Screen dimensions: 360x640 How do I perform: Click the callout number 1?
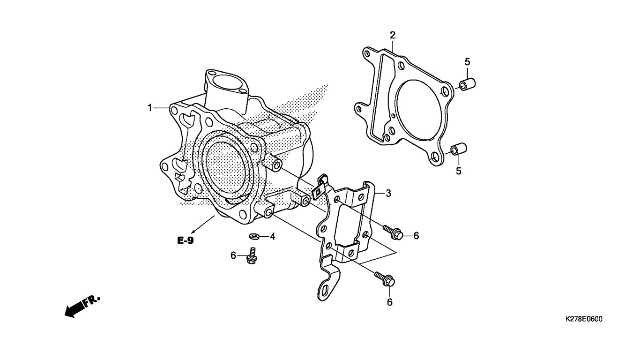[150, 108]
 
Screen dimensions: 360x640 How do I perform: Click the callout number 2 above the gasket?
[393, 35]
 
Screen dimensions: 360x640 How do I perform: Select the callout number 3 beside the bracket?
[388, 193]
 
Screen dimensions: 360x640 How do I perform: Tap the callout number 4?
[272, 236]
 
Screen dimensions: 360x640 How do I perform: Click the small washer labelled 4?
[255, 235]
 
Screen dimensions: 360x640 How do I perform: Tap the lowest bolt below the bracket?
[385, 279]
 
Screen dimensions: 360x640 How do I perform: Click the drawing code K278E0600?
[583, 319]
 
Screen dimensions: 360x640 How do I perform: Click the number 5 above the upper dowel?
[467, 61]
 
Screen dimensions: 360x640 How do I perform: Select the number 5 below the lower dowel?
[458, 171]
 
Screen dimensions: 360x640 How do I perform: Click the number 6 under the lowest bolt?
[389, 302]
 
